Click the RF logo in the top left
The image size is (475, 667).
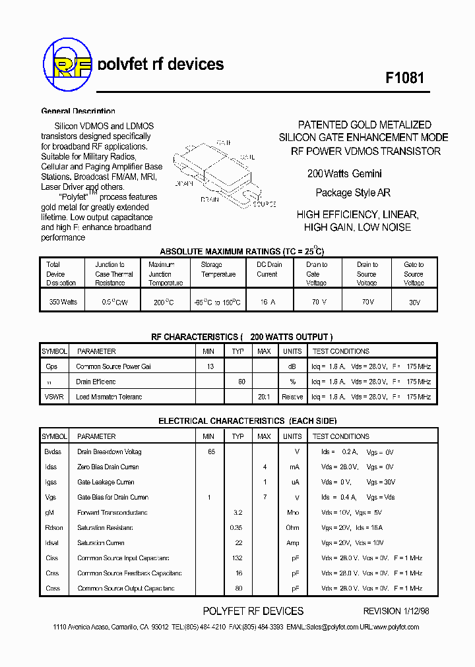[66, 64]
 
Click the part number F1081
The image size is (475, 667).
[404, 77]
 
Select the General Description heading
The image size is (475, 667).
[78, 111]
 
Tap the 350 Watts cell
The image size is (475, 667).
[63, 302]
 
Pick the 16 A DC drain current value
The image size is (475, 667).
[267, 302]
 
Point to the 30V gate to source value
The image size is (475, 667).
[413, 302]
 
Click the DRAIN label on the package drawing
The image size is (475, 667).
[210, 198]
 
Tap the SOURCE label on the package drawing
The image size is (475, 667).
[265, 205]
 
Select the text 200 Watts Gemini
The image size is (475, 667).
[344, 174]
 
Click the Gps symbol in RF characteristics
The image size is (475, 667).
[51, 366]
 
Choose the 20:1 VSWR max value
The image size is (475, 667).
[264, 397]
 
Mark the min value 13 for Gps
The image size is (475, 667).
[210, 366]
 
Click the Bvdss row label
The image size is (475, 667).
[52, 452]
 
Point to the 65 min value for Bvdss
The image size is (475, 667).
[211, 452]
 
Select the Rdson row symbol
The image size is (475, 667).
[54, 528]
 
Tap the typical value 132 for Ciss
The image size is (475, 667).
[238, 558]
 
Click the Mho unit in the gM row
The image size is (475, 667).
[292, 513]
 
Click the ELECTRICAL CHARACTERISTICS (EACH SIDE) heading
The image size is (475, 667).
[247, 420]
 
